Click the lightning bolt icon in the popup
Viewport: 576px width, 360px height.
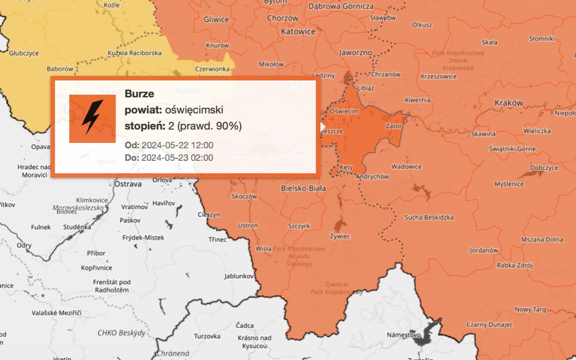(x=92, y=118)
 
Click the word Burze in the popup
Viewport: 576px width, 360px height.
(x=139, y=94)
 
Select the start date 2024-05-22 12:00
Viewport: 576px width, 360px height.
(x=177, y=145)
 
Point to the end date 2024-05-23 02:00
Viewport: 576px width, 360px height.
(x=177, y=158)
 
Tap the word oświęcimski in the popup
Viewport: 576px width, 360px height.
(x=194, y=110)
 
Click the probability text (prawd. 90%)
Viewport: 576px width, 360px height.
(x=209, y=126)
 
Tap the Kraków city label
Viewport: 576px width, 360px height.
(x=509, y=103)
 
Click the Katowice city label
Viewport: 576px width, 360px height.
(x=298, y=32)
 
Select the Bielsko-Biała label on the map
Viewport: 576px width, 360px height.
(x=303, y=188)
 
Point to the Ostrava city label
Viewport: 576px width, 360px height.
(x=128, y=184)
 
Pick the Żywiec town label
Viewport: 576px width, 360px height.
(x=340, y=236)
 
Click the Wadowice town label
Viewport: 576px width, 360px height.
(x=406, y=167)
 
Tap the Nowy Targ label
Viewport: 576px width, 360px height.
(x=530, y=309)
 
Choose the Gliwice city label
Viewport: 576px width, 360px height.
(x=216, y=20)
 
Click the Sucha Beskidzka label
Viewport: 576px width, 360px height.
(x=429, y=218)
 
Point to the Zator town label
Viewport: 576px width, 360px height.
(x=394, y=126)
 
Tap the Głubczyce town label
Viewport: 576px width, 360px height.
(x=24, y=53)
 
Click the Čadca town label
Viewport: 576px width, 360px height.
(x=245, y=325)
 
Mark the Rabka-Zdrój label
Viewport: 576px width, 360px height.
(x=515, y=265)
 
